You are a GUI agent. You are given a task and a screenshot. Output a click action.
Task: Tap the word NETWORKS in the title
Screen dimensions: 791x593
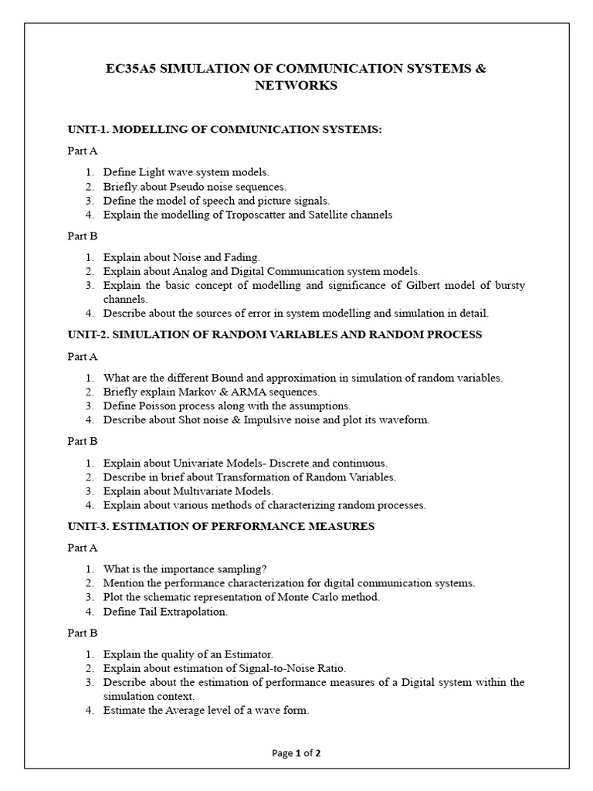point(296,87)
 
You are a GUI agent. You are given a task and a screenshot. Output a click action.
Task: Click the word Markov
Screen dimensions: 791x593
point(195,392)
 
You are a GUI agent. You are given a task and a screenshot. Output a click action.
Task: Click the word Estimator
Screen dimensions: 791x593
point(247,654)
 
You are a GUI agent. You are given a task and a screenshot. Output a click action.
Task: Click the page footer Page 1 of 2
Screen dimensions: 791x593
point(296,754)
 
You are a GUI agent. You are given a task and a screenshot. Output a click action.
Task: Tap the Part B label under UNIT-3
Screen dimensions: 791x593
point(83,633)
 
